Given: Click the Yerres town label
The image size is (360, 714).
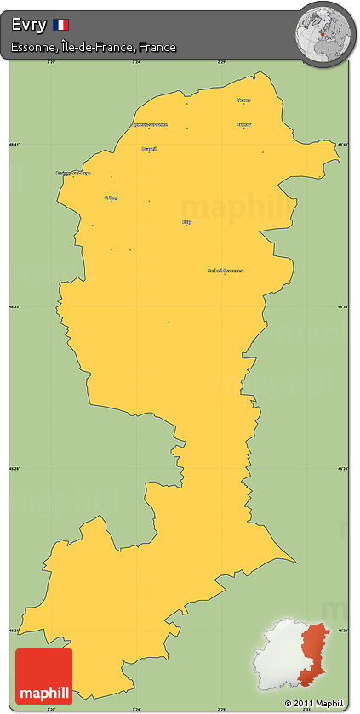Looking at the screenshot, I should [244, 100].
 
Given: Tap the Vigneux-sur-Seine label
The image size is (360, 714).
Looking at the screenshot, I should [149, 124].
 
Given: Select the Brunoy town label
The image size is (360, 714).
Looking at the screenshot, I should [244, 124].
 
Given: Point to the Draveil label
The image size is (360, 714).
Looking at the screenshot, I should [149, 149].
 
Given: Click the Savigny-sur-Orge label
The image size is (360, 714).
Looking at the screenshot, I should [73, 173].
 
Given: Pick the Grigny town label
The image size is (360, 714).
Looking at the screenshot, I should [111, 197].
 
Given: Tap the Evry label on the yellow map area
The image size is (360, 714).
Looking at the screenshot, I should [187, 221].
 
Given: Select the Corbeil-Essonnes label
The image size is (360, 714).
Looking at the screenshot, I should [225, 271].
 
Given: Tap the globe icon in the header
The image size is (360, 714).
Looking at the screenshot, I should [324, 31].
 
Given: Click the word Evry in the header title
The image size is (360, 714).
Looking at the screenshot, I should [29, 25].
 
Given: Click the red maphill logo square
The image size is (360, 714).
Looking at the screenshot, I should [43, 676].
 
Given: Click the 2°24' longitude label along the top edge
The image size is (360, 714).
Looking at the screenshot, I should [136, 61].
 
